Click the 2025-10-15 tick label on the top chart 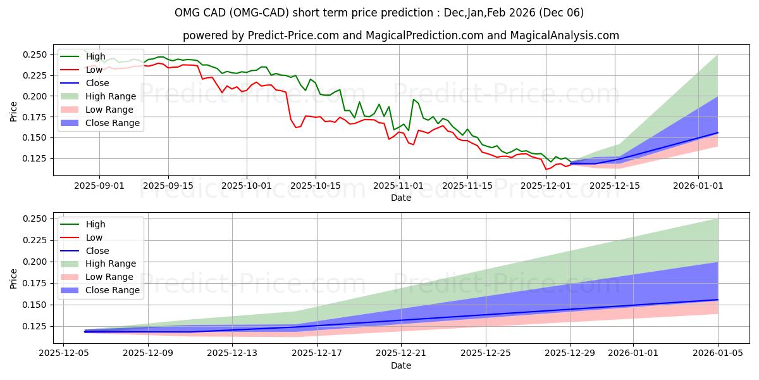coord(316,186)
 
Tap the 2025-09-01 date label coord(99,186)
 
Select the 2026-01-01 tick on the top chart coord(698,186)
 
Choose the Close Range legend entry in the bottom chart coord(112,290)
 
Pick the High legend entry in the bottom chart coord(96,224)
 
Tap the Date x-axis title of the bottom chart coord(401,365)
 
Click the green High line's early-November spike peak coord(414,99)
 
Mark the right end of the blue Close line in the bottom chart coord(718,300)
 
